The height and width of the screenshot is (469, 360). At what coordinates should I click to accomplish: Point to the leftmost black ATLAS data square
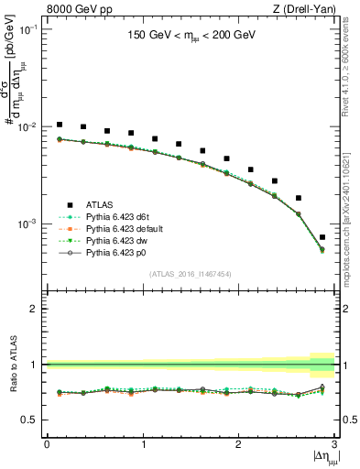pyautogui.click(x=60, y=124)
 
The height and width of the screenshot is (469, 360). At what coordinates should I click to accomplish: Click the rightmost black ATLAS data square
pyautogui.click(x=322, y=237)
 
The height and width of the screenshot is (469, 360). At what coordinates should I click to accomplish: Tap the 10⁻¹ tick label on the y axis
pyautogui.click(x=29, y=29)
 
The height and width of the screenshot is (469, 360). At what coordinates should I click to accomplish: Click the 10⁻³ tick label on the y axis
pyautogui.click(x=29, y=224)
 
